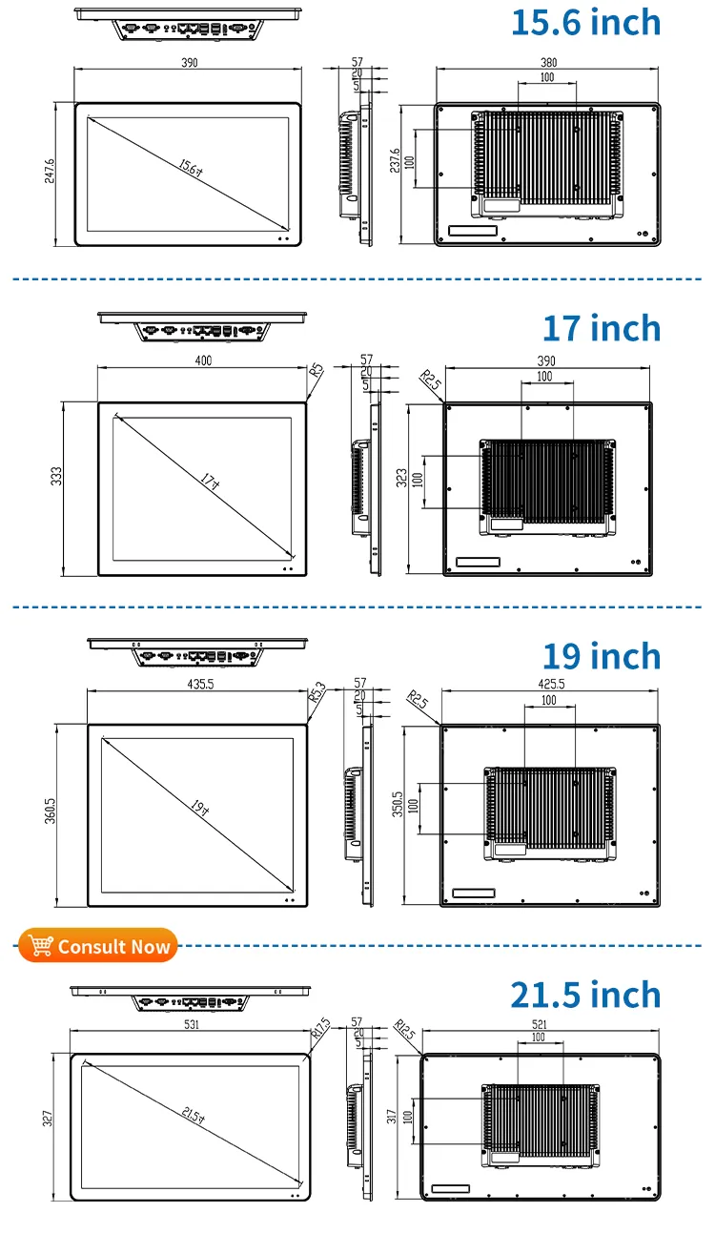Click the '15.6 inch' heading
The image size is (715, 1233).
coord(585,22)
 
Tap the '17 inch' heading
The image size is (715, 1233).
coord(601,328)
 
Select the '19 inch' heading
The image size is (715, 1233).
coord(601,656)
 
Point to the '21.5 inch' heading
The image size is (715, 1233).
coord(585,994)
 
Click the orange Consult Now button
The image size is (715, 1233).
coord(98,946)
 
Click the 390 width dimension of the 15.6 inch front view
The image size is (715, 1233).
coord(189,63)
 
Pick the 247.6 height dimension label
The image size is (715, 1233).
coord(51,172)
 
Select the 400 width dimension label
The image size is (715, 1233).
coord(202,360)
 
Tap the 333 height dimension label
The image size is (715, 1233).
coord(56,475)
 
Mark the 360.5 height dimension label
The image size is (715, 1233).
coord(51,811)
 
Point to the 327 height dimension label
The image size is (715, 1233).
coord(48,1119)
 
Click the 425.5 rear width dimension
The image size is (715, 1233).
coord(550,684)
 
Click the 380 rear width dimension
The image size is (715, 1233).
coord(548,63)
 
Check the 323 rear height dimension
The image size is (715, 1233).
coord(401,477)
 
